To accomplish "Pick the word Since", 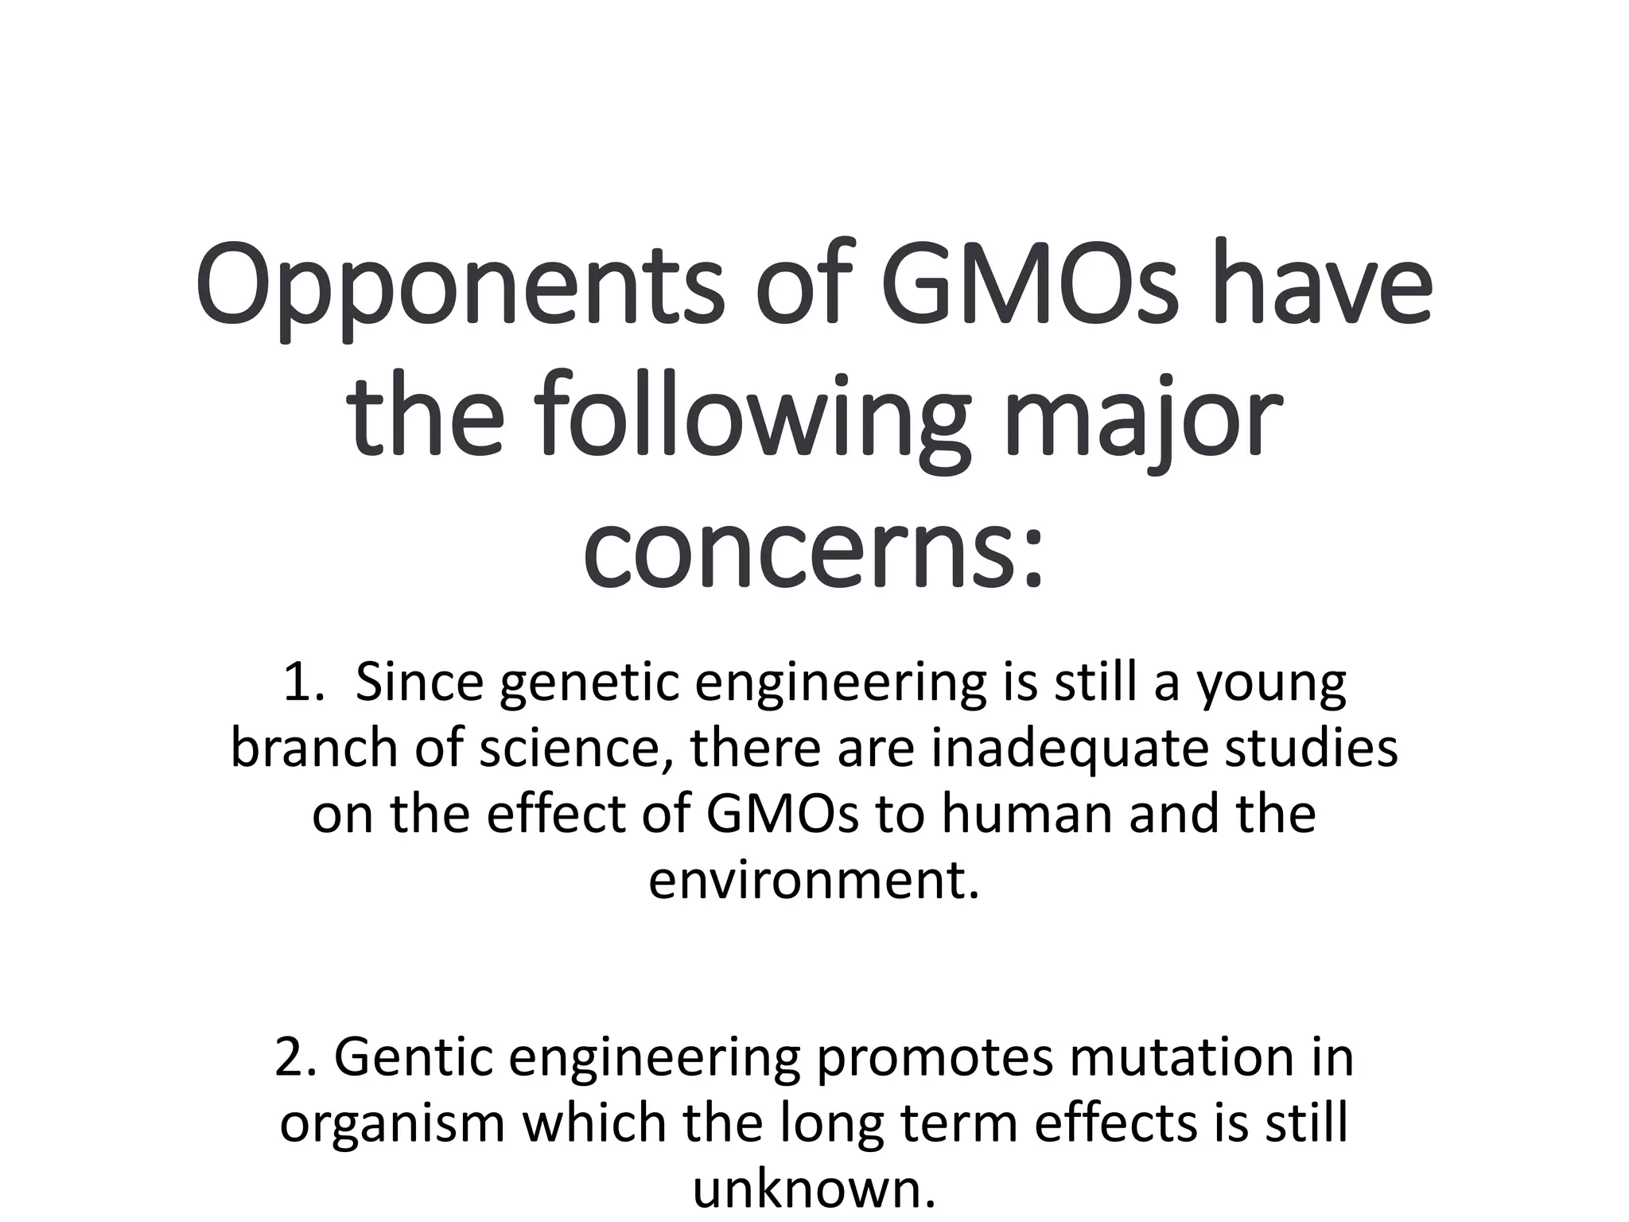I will (x=418, y=683).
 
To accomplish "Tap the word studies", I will (x=1311, y=749).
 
